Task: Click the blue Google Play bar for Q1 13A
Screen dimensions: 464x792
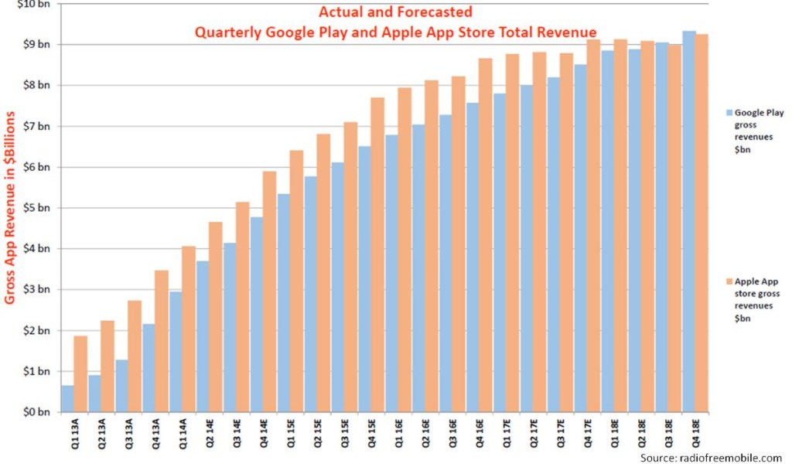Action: click(x=68, y=398)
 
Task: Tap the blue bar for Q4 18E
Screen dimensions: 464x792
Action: click(x=689, y=221)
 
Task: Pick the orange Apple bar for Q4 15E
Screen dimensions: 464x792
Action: click(x=377, y=254)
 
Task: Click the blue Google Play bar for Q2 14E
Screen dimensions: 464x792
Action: click(x=202, y=336)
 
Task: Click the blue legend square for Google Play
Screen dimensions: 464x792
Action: click(x=728, y=113)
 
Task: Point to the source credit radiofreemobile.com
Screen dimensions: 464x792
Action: click(x=710, y=458)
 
